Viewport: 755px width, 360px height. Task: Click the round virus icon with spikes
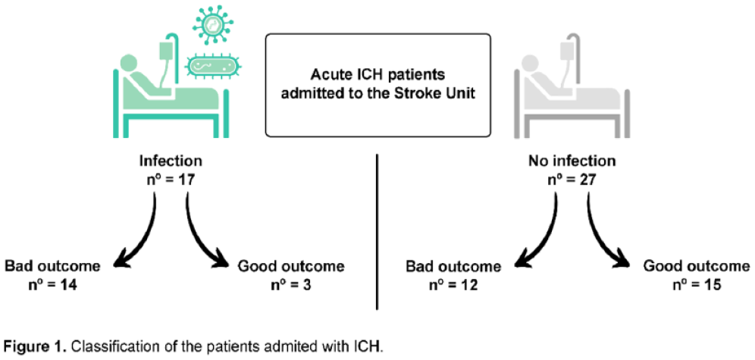pos(212,24)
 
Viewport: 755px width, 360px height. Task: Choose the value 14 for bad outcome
pos(68,285)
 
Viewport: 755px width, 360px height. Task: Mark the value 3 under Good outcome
pos(306,285)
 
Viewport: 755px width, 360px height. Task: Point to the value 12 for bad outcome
pos(468,285)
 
